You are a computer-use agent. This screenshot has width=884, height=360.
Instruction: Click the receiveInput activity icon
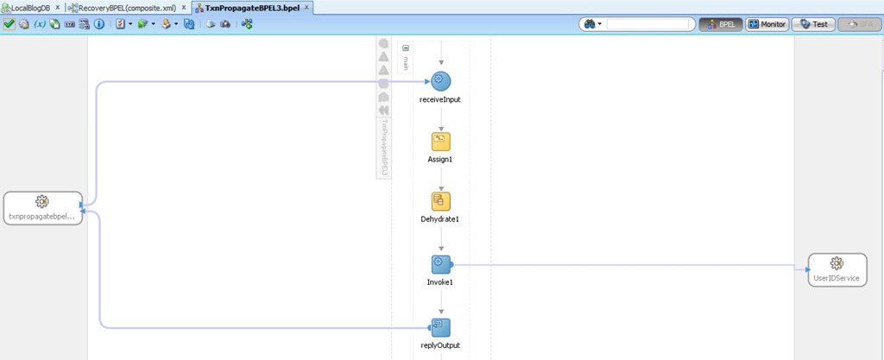(441, 81)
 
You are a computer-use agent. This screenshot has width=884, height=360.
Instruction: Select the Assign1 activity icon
(441, 142)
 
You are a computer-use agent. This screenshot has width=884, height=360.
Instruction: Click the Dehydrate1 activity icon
(441, 201)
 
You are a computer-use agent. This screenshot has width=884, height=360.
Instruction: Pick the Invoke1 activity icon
(441, 264)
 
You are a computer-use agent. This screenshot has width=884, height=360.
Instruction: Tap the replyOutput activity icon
(441, 327)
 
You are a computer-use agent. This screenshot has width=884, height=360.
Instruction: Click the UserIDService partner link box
(837, 270)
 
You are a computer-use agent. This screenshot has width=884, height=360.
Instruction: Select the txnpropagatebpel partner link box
(42, 208)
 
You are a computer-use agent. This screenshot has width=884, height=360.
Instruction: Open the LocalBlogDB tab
(30, 8)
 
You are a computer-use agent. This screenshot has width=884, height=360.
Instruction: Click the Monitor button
(767, 24)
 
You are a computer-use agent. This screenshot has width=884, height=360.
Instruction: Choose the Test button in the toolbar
(813, 24)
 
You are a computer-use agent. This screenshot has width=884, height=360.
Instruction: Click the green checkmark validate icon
(9, 24)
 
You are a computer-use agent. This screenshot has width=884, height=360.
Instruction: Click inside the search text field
(649, 24)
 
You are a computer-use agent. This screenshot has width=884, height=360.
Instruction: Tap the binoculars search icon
(592, 24)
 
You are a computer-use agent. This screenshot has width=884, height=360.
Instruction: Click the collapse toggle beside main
(406, 48)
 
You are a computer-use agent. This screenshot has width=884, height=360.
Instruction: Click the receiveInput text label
(440, 99)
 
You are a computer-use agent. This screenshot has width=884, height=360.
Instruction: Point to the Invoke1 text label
(440, 282)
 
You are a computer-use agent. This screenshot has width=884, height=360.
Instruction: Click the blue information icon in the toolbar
(99, 24)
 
